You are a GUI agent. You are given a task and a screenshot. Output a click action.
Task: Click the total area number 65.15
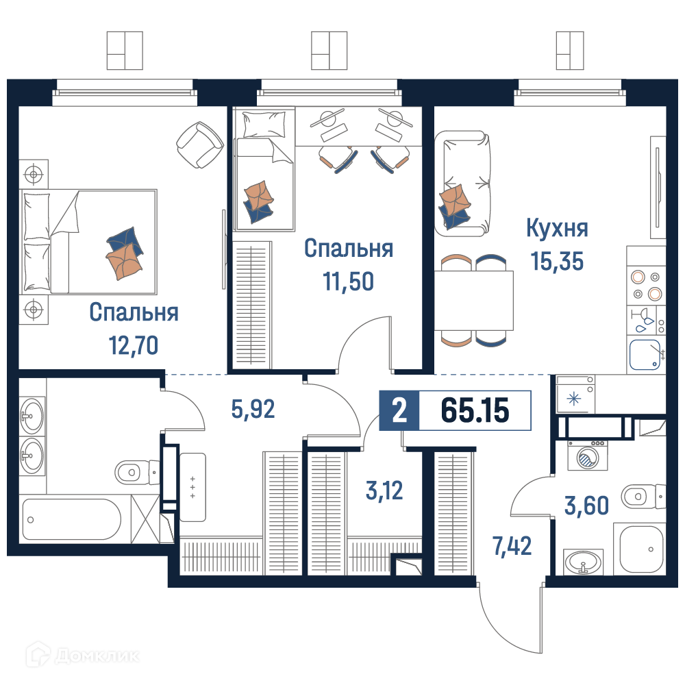click(475, 410)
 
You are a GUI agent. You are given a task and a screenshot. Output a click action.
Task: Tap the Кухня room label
click(557, 229)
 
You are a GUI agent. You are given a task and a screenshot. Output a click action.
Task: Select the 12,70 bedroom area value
click(134, 346)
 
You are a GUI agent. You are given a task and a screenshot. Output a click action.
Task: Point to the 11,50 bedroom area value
click(348, 282)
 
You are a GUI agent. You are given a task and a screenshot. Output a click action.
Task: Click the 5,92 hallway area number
click(253, 410)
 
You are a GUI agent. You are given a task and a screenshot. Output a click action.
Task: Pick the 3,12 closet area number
click(384, 490)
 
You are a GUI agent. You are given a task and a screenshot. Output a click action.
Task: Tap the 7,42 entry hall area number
click(512, 546)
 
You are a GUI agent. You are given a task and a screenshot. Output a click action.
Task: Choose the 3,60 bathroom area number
click(587, 506)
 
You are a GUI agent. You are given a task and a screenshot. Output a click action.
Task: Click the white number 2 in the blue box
click(399, 411)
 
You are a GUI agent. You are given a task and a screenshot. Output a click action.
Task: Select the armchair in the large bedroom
click(199, 145)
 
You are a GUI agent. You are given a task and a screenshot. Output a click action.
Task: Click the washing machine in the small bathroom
click(588, 456)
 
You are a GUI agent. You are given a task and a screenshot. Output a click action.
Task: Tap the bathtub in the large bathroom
click(72, 519)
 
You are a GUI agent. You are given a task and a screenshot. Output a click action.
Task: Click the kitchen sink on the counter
click(645, 355)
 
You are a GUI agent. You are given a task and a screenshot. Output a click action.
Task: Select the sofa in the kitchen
click(462, 184)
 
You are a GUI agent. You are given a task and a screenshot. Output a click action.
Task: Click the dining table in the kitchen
click(473, 301)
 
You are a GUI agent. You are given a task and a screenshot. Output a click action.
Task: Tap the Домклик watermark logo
click(83, 656)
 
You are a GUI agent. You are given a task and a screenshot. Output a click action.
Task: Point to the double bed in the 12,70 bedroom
click(88, 242)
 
